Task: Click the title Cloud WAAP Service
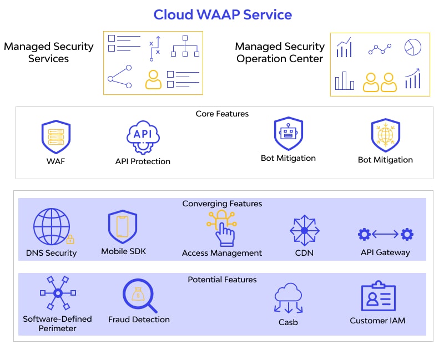(x=222, y=14)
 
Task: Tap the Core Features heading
(x=222, y=114)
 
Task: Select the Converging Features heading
(x=222, y=204)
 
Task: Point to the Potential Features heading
(x=222, y=280)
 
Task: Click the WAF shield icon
(x=56, y=137)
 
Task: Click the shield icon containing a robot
(x=288, y=134)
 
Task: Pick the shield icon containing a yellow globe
(x=385, y=135)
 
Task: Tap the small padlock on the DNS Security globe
(x=70, y=240)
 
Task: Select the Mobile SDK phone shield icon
(x=122, y=227)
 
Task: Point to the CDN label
(x=304, y=253)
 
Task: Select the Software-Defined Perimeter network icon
(x=57, y=293)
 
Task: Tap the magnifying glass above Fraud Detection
(x=139, y=296)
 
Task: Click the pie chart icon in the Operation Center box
(x=412, y=47)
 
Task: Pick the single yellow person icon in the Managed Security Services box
(x=153, y=79)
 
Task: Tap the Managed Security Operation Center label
(x=280, y=52)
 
